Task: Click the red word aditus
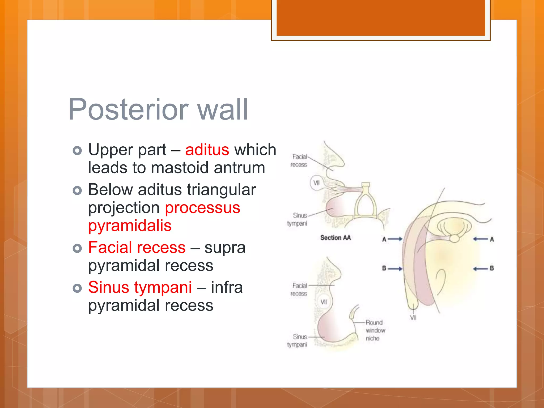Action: tap(207, 150)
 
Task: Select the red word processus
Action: tap(202, 207)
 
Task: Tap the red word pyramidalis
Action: tap(130, 226)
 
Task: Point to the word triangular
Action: tap(221, 190)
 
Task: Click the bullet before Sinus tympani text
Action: tap(77, 288)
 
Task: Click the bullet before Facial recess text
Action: tap(77, 248)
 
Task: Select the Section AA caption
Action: tap(335, 238)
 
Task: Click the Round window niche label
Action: tap(375, 330)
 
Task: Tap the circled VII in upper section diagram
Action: tap(316, 183)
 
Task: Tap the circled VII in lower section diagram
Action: tap(323, 302)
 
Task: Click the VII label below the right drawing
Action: tap(413, 318)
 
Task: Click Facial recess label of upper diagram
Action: tap(299, 161)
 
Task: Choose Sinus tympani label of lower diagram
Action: tap(297, 341)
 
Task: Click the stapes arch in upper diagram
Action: tap(365, 202)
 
